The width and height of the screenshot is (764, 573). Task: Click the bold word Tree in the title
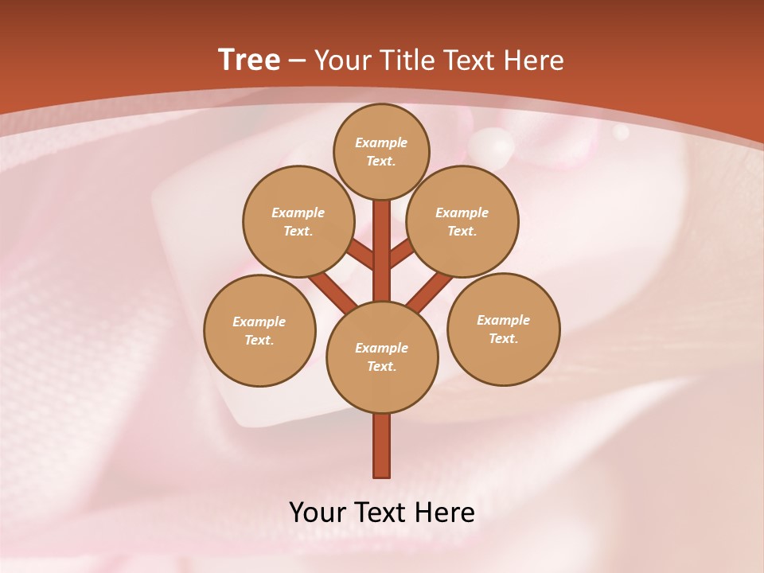(x=249, y=60)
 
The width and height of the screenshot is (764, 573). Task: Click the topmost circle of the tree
(x=381, y=151)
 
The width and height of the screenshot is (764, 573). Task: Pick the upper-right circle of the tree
(x=462, y=221)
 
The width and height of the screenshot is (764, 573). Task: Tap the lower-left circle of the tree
(x=259, y=330)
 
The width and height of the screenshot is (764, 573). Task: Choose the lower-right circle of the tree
(x=503, y=329)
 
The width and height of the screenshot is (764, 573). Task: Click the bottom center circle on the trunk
(x=382, y=357)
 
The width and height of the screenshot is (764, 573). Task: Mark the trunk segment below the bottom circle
(x=382, y=446)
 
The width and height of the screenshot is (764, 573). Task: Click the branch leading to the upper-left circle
(x=361, y=255)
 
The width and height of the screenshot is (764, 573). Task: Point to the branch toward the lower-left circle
(x=333, y=291)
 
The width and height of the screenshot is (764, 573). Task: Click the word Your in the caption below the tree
(x=317, y=513)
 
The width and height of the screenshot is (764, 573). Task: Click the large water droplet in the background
(x=492, y=146)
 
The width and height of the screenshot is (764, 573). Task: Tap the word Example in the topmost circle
(x=381, y=142)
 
